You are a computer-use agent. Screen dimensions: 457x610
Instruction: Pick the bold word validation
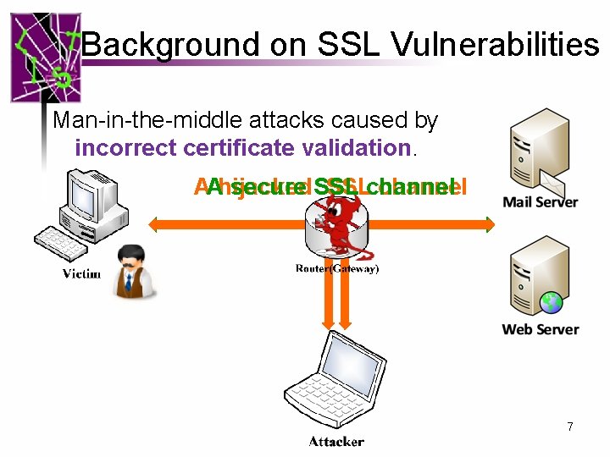[353, 148]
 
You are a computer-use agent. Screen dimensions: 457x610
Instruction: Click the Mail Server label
[540, 202]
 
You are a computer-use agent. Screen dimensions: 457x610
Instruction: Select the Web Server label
[540, 329]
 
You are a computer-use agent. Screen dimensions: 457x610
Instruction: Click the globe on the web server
[552, 301]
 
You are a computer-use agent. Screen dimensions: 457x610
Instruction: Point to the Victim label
[82, 273]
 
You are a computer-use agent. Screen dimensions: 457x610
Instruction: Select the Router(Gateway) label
[336, 268]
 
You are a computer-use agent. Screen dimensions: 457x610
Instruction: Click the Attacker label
[336, 441]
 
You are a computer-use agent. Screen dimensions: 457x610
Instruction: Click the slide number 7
[570, 427]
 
